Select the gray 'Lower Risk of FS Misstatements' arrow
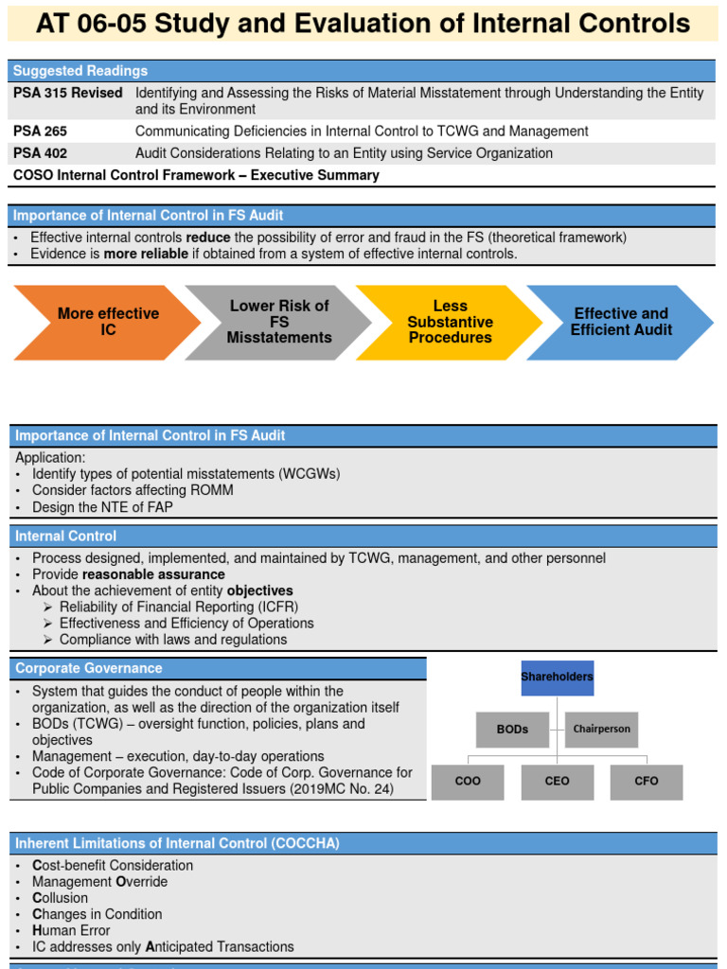click(278, 322)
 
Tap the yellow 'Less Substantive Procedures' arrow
click(450, 322)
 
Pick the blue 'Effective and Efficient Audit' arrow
click(621, 322)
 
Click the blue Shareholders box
click(557, 678)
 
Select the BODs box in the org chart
click(512, 730)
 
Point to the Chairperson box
click(601, 730)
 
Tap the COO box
click(468, 782)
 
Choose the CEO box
click(558, 782)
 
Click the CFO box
click(646, 782)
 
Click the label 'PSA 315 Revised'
click(68, 93)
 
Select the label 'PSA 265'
click(41, 132)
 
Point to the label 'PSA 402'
click(41, 153)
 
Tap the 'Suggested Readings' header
click(80, 71)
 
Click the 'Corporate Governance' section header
click(89, 669)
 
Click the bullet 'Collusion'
click(60, 898)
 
